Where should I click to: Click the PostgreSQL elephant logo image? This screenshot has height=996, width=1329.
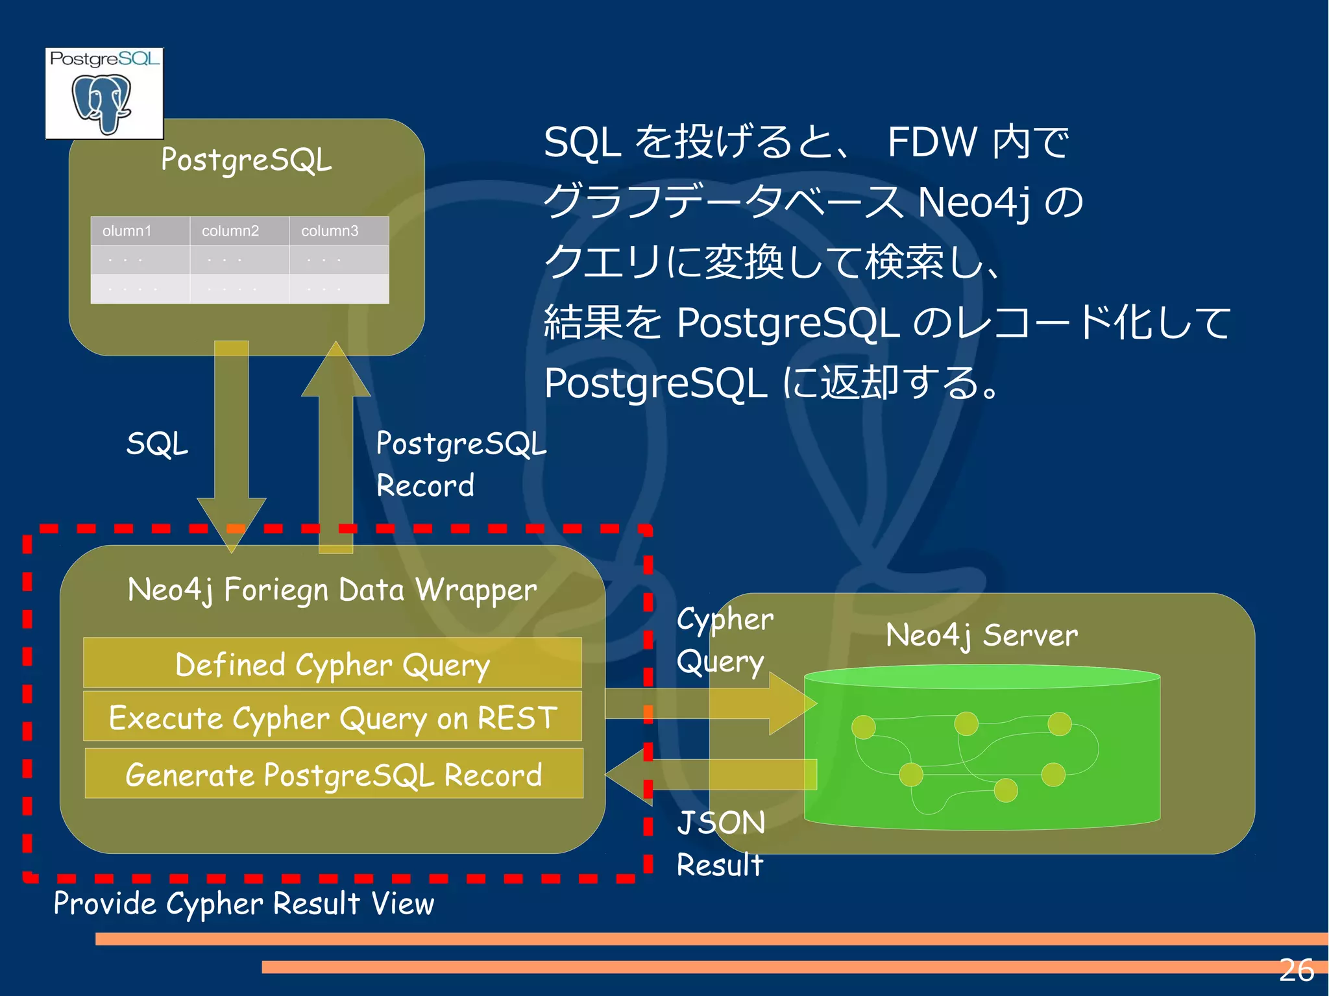[104, 93]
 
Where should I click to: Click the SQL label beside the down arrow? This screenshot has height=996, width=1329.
[157, 444]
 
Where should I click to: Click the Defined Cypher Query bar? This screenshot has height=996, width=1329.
[332, 664]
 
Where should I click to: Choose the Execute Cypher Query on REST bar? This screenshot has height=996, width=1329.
[332, 718]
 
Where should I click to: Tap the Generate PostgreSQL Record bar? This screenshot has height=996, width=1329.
[334, 774]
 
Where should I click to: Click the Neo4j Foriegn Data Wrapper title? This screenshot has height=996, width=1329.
[332, 590]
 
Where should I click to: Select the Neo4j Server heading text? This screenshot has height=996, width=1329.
[981, 635]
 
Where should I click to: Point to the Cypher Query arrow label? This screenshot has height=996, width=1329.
[724, 640]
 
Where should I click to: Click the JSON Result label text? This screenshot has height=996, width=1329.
[720, 844]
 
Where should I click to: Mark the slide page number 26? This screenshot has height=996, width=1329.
[1296, 971]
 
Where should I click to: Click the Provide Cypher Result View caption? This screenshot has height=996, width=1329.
[243, 903]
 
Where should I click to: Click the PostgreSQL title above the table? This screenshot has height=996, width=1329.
[246, 160]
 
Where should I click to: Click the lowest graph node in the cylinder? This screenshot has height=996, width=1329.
[1005, 790]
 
